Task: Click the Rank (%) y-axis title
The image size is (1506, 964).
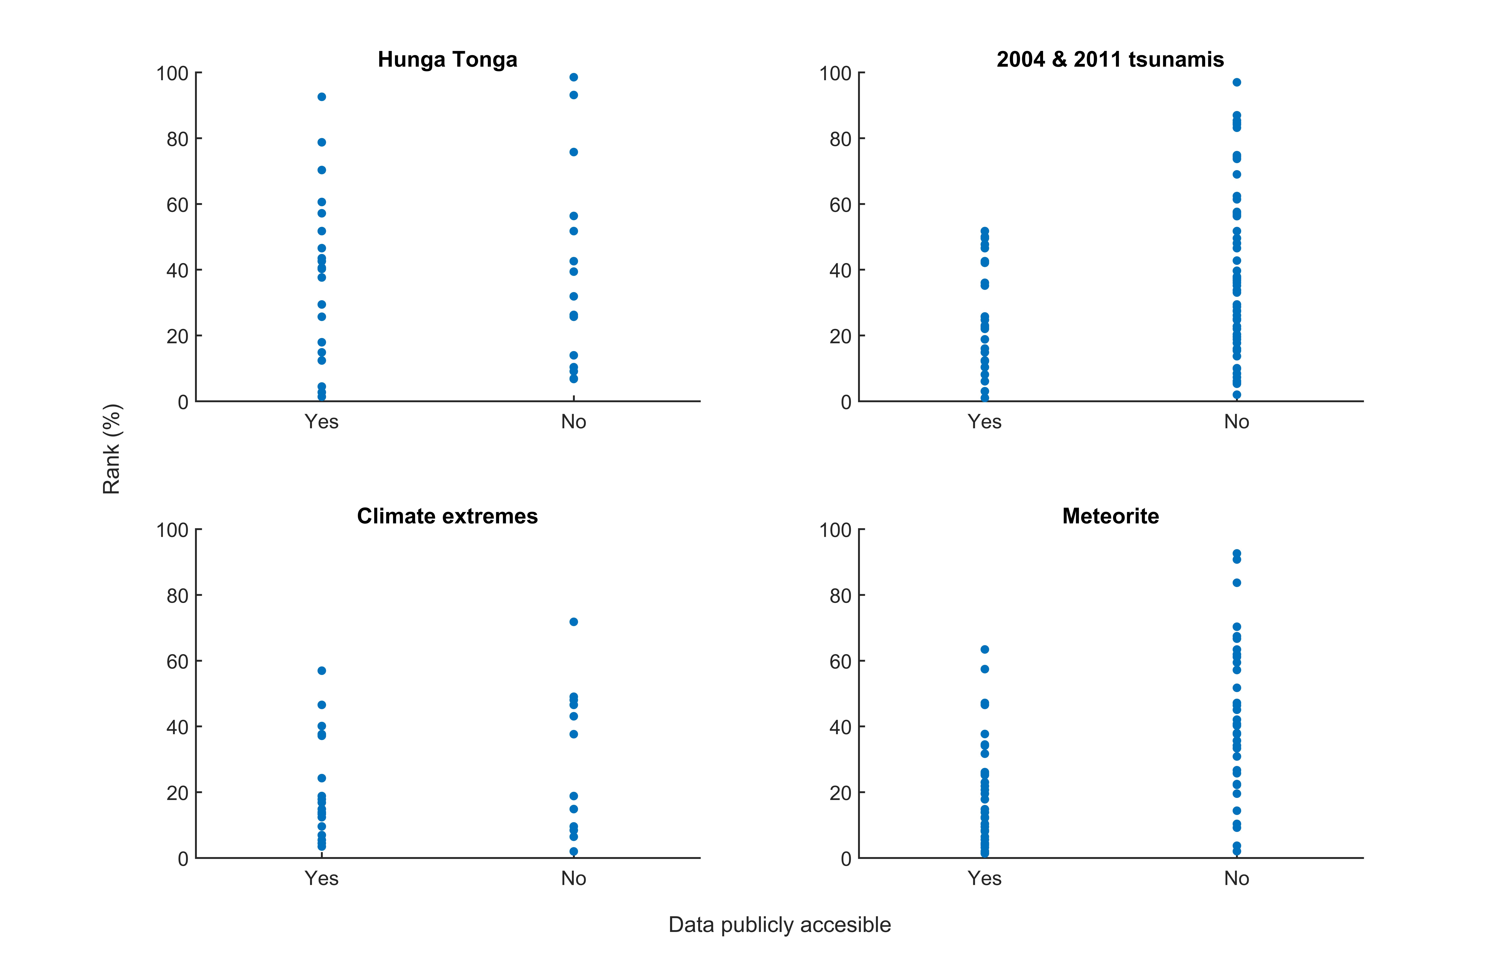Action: pyautogui.click(x=111, y=449)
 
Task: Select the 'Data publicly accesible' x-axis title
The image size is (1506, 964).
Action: pyautogui.click(x=780, y=925)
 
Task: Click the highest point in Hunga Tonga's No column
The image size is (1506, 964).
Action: pyautogui.click(x=574, y=77)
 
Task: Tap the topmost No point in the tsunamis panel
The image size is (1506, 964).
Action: pyautogui.click(x=1237, y=82)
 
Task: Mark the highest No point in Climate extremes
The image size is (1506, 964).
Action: pyautogui.click(x=574, y=622)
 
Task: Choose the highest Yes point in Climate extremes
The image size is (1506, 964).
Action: pyautogui.click(x=322, y=670)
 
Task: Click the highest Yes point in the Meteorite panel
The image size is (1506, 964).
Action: pyautogui.click(x=985, y=649)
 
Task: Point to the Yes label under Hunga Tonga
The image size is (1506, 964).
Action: pyautogui.click(x=322, y=422)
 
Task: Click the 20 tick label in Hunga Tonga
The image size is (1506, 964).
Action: pyautogui.click(x=178, y=336)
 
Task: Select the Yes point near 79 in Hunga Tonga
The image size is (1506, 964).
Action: pyautogui.click(x=322, y=142)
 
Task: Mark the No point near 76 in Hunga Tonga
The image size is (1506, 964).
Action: pyautogui.click(x=574, y=152)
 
